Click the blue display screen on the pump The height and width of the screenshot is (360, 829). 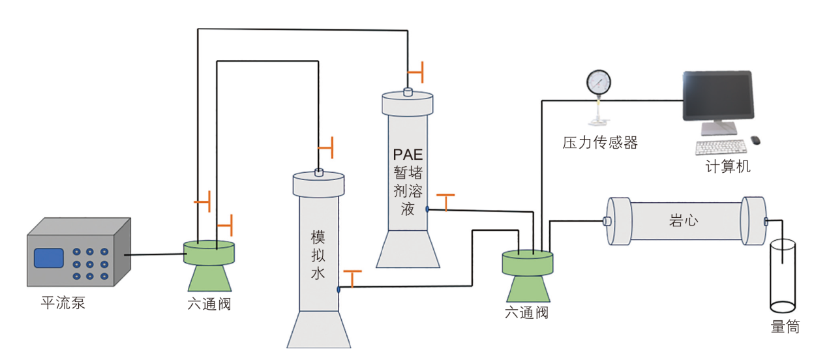[49, 258]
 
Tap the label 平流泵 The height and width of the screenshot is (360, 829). [63, 303]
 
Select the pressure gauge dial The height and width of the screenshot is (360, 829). [598, 83]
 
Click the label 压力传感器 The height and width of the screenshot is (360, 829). [600, 143]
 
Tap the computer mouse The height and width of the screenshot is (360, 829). [755, 140]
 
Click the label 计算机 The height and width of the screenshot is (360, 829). [728, 167]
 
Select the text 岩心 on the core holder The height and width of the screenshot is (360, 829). [684, 220]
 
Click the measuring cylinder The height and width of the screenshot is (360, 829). [783, 277]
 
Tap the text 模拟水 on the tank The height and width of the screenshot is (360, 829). [318, 255]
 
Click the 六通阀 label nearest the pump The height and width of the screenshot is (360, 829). [209, 304]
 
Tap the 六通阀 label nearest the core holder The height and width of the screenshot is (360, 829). [526, 313]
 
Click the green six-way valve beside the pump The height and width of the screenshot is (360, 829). [209, 264]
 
